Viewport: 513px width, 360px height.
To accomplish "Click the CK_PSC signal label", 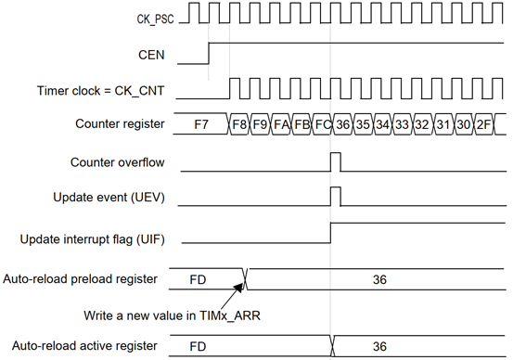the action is tap(156, 19).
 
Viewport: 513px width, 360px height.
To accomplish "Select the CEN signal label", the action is tap(151, 55).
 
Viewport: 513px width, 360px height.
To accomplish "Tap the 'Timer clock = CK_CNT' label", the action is tap(100, 91).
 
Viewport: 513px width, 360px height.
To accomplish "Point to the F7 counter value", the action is tap(201, 124).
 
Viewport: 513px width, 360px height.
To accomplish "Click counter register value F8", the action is tap(239, 124).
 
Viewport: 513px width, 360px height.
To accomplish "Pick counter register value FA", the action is tap(281, 124).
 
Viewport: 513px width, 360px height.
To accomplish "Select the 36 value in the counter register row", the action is tap(342, 124).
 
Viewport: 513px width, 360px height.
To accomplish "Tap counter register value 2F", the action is tap(483, 124).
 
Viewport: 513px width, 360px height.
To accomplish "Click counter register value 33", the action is tap(402, 124).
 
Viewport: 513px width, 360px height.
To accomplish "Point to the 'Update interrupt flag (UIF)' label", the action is tap(92, 239).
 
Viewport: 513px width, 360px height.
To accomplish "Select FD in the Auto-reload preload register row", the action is tap(198, 280).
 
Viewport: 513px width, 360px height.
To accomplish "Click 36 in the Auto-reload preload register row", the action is tap(379, 280).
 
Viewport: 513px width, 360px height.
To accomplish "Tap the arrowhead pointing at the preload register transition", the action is tap(239, 287).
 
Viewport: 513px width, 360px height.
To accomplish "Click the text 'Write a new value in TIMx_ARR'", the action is tap(173, 315).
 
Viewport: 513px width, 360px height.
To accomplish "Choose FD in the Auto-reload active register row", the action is tap(198, 346).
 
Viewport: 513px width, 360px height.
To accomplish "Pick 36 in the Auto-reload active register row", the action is tap(379, 346).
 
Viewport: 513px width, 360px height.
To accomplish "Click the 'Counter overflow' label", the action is tap(117, 162).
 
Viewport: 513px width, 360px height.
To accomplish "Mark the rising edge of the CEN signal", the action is tap(209, 53).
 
